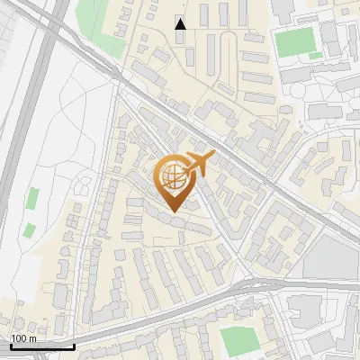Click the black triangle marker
(181, 24)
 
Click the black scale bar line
(41, 346)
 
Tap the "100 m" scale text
(23, 338)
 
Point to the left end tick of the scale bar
(10, 344)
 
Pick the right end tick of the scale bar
(74, 344)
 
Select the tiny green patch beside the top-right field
(315, 56)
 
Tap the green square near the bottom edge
(238, 340)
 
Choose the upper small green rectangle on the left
(34, 199)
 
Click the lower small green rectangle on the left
(29, 228)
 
